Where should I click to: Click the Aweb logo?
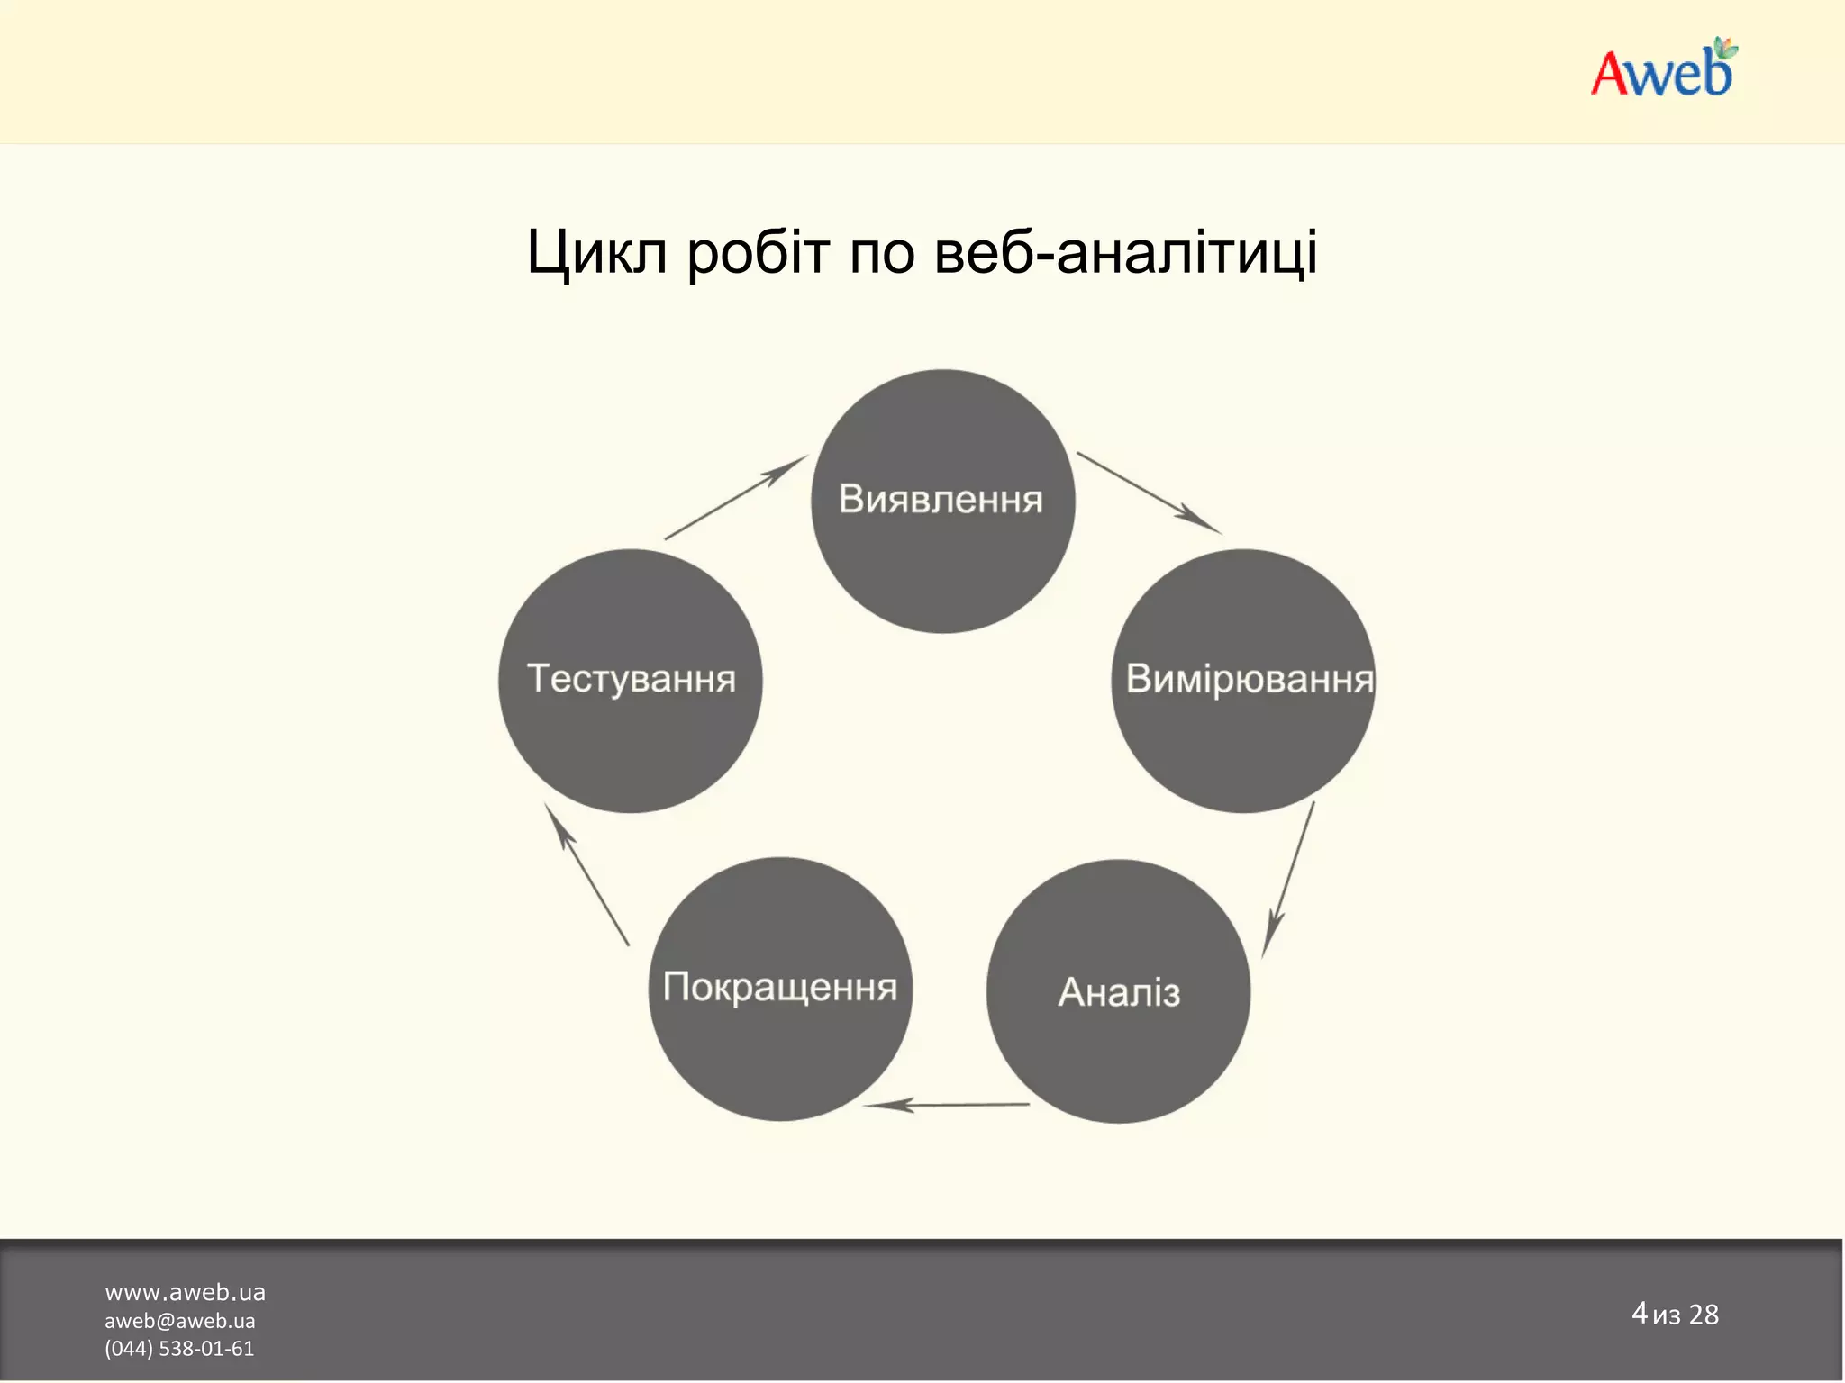pyautogui.click(x=1662, y=70)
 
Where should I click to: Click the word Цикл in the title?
pyautogui.click(x=596, y=253)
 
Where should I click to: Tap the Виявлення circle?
pyautogui.click(x=942, y=501)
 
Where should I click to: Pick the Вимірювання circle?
pyautogui.click(x=1244, y=681)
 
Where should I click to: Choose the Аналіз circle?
pyautogui.click(x=1118, y=991)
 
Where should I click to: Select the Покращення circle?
pyautogui.click(x=780, y=989)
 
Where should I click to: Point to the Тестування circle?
pyautogui.click(x=631, y=681)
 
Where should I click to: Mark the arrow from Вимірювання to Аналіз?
pyautogui.click(x=1289, y=879)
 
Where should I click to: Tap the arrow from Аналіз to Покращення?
pyautogui.click(x=946, y=1105)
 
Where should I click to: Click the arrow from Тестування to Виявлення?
pyautogui.click(x=735, y=497)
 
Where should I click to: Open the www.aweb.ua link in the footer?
pyautogui.click(x=185, y=1293)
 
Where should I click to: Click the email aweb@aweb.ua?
pyautogui.click(x=180, y=1321)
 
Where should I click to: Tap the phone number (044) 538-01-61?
pyautogui.click(x=179, y=1349)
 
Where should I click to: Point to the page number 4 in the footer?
pyautogui.click(x=1639, y=1313)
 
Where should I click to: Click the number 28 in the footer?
pyautogui.click(x=1703, y=1315)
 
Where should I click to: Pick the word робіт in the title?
pyautogui.click(x=758, y=253)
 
